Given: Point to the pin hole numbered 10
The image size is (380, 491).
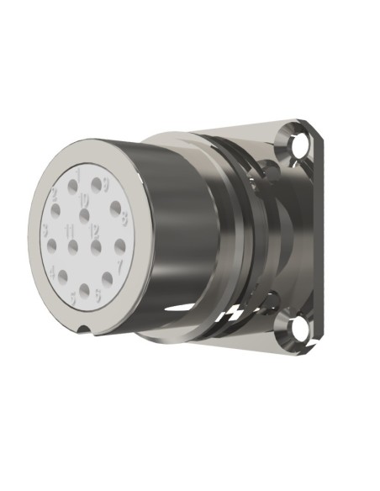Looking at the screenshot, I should click(84, 215).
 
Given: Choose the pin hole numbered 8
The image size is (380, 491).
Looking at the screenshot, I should click(114, 208).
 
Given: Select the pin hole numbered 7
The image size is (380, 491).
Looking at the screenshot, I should click(120, 246).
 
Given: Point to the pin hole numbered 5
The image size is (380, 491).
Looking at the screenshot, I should click(85, 291).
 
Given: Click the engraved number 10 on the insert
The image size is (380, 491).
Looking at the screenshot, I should click(84, 200).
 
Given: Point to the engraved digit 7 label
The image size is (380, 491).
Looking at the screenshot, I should click(120, 266).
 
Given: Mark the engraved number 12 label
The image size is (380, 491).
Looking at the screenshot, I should click(94, 230).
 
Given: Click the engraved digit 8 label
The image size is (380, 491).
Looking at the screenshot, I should click(124, 220).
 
